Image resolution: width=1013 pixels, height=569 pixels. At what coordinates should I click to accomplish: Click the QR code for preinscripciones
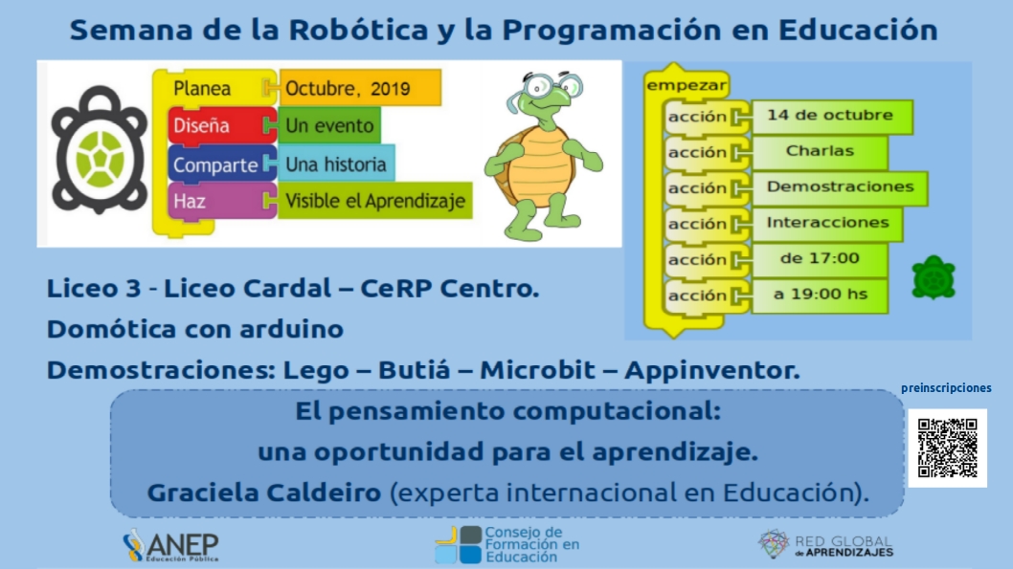[x=947, y=448]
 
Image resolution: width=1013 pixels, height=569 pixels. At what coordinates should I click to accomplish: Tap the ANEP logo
[x=170, y=546]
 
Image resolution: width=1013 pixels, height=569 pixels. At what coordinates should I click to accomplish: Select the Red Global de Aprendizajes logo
[x=825, y=544]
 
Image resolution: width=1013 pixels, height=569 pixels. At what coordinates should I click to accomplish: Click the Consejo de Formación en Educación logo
[x=507, y=545]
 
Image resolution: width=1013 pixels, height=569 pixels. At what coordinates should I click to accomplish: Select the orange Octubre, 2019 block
[x=360, y=88]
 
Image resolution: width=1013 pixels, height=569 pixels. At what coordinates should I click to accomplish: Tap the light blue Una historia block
[x=336, y=164]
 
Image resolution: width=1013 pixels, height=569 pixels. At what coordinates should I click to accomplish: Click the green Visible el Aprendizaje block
[x=374, y=201]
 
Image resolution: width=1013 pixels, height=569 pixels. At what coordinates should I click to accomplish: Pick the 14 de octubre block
[x=831, y=116]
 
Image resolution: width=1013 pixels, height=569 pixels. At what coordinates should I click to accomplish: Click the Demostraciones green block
[x=839, y=187]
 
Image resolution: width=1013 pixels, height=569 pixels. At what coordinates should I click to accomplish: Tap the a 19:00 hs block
[x=820, y=295]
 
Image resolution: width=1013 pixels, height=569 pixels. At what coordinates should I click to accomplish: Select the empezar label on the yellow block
[x=687, y=85]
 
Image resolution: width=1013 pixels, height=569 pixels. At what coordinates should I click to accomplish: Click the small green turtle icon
[x=933, y=277]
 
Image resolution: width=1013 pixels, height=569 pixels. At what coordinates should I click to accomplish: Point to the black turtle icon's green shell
[x=100, y=158]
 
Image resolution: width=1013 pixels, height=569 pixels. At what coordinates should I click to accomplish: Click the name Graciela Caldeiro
[x=264, y=492]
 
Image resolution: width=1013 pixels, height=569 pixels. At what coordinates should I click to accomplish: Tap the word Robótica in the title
[x=358, y=30]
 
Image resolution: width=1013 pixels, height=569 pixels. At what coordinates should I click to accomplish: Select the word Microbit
[x=537, y=370]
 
